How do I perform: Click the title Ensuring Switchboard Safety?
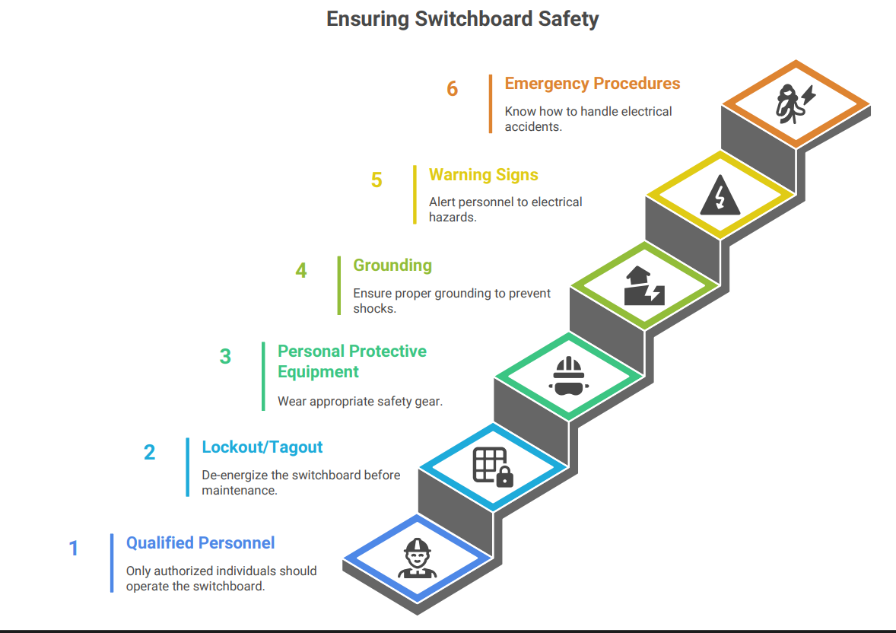click(462, 19)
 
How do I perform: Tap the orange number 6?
click(453, 89)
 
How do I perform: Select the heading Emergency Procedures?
click(592, 84)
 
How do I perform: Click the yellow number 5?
click(377, 180)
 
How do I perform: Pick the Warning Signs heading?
click(483, 175)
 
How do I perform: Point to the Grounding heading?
click(392, 266)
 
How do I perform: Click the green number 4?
click(301, 271)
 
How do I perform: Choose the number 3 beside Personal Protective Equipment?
click(225, 356)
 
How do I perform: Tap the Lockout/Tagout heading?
click(262, 447)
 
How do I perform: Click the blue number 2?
click(149, 453)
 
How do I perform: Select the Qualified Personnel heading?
click(200, 543)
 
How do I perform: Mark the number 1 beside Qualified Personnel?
click(74, 549)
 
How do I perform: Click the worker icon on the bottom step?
click(416, 558)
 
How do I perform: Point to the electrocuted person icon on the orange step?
click(793, 105)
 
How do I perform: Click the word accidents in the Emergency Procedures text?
click(532, 126)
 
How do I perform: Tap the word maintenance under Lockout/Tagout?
click(238, 491)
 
